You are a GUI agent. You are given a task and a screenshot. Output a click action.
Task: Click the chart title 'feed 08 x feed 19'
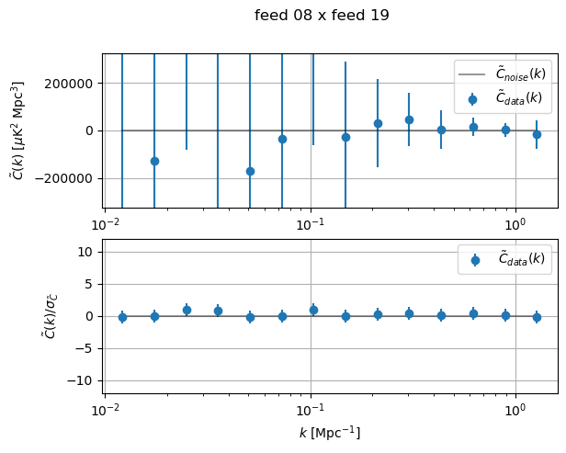click(x=322, y=16)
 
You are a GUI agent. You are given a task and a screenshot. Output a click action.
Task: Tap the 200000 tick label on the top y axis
click(x=72, y=84)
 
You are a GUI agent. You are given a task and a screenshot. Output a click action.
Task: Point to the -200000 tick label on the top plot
click(x=69, y=178)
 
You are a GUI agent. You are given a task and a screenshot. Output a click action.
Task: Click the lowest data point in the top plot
click(x=250, y=171)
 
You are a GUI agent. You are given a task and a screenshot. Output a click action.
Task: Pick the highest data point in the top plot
click(x=409, y=119)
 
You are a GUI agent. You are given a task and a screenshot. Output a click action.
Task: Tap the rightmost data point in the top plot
click(x=537, y=134)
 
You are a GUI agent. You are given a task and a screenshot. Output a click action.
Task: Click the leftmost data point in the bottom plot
click(x=122, y=317)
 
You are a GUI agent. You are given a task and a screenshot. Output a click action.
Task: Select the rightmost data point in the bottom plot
click(x=537, y=317)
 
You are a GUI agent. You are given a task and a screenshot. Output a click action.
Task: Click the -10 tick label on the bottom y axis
click(x=84, y=380)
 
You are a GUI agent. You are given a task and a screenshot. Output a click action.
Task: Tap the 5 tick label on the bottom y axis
click(x=89, y=284)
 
